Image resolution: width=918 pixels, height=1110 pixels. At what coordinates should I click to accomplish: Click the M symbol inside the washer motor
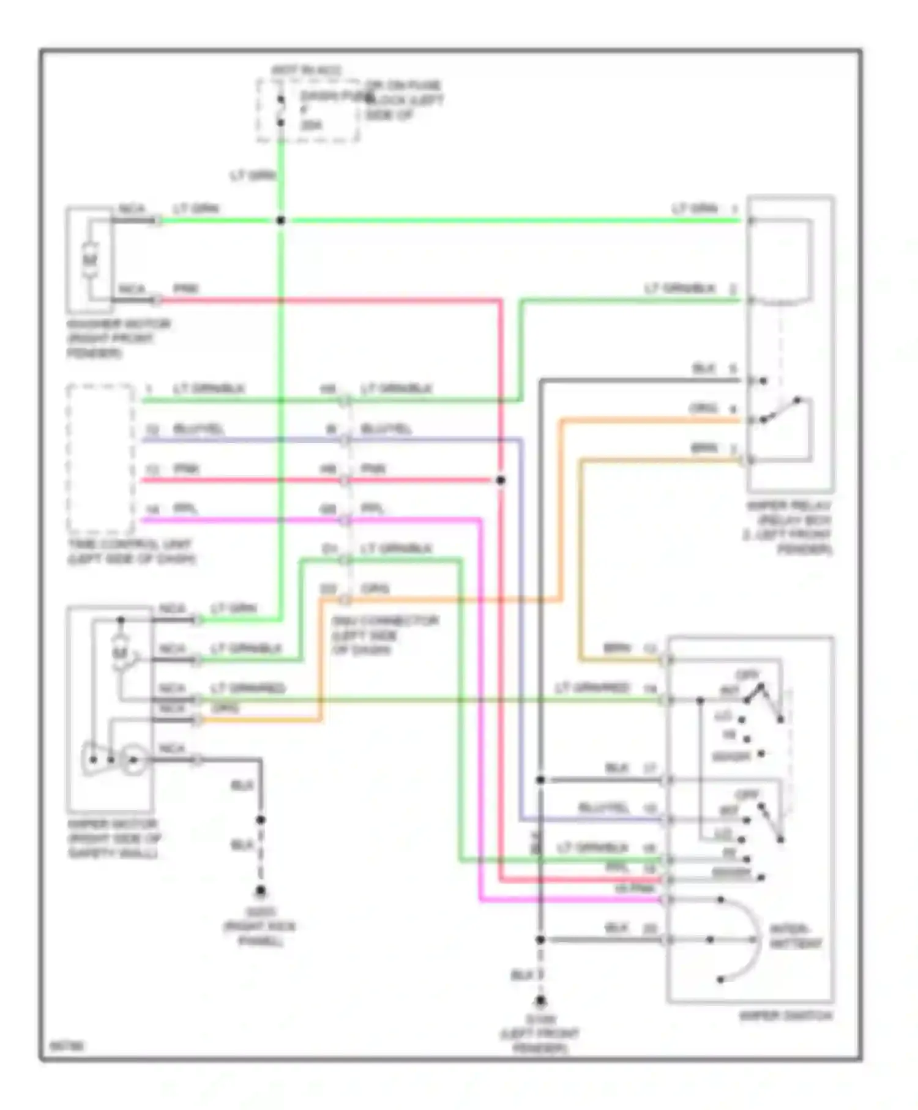pyautogui.click(x=91, y=259)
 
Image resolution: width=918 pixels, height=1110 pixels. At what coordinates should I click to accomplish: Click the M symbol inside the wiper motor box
pyautogui.click(x=119, y=654)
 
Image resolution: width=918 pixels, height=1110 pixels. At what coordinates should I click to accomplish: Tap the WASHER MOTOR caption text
pyautogui.click(x=118, y=338)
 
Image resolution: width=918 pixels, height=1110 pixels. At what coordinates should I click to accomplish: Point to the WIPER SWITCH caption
pyautogui.click(x=786, y=1016)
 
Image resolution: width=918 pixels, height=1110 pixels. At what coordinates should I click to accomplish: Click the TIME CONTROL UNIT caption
pyautogui.click(x=130, y=551)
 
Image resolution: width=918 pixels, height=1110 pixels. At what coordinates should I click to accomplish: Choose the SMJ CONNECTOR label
pyautogui.click(x=385, y=635)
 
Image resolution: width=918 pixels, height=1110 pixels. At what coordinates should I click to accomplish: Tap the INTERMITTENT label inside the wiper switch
pyautogui.click(x=794, y=936)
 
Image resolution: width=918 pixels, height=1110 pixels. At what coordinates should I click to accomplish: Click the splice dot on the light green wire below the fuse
pyautogui.click(x=280, y=220)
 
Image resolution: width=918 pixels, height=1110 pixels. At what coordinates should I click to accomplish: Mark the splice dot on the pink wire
pyautogui.click(x=501, y=480)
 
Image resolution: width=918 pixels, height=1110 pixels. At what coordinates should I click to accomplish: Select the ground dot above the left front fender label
pyautogui.click(x=540, y=1002)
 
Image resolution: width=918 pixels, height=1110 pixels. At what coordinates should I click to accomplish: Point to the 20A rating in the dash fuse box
pyautogui.click(x=312, y=125)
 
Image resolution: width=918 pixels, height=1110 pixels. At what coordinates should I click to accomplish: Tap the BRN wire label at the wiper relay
pyautogui.click(x=704, y=448)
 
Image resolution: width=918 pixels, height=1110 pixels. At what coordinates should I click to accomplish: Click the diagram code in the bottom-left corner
pyautogui.click(x=59, y=1046)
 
